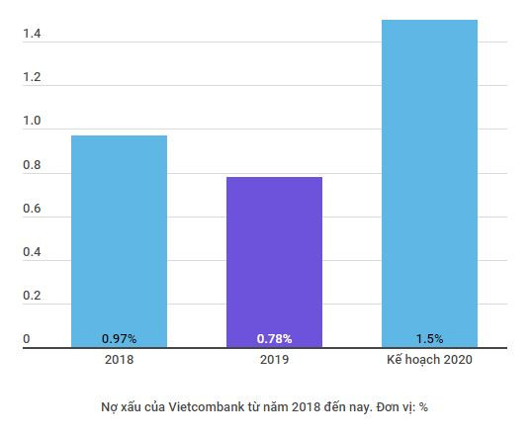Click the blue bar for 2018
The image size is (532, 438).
click(x=119, y=237)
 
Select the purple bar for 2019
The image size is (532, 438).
click(x=274, y=257)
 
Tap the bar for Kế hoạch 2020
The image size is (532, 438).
click(x=430, y=178)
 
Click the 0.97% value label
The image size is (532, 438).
click(x=119, y=338)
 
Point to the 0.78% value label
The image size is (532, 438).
click(x=274, y=338)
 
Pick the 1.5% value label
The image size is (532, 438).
click(x=430, y=338)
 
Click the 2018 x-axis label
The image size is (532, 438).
click(x=119, y=360)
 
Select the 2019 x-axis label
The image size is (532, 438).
click(x=274, y=360)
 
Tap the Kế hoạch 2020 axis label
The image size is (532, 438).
click(x=430, y=360)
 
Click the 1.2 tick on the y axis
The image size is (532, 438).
click(x=32, y=78)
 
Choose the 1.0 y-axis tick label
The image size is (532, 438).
click(x=32, y=122)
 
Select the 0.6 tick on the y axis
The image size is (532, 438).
click(x=32, y=210)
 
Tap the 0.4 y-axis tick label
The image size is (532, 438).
click(x=32, y=253)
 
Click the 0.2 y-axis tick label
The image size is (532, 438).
click(x=32, y=297)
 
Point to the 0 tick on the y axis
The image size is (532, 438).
click(x=27, y=339)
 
